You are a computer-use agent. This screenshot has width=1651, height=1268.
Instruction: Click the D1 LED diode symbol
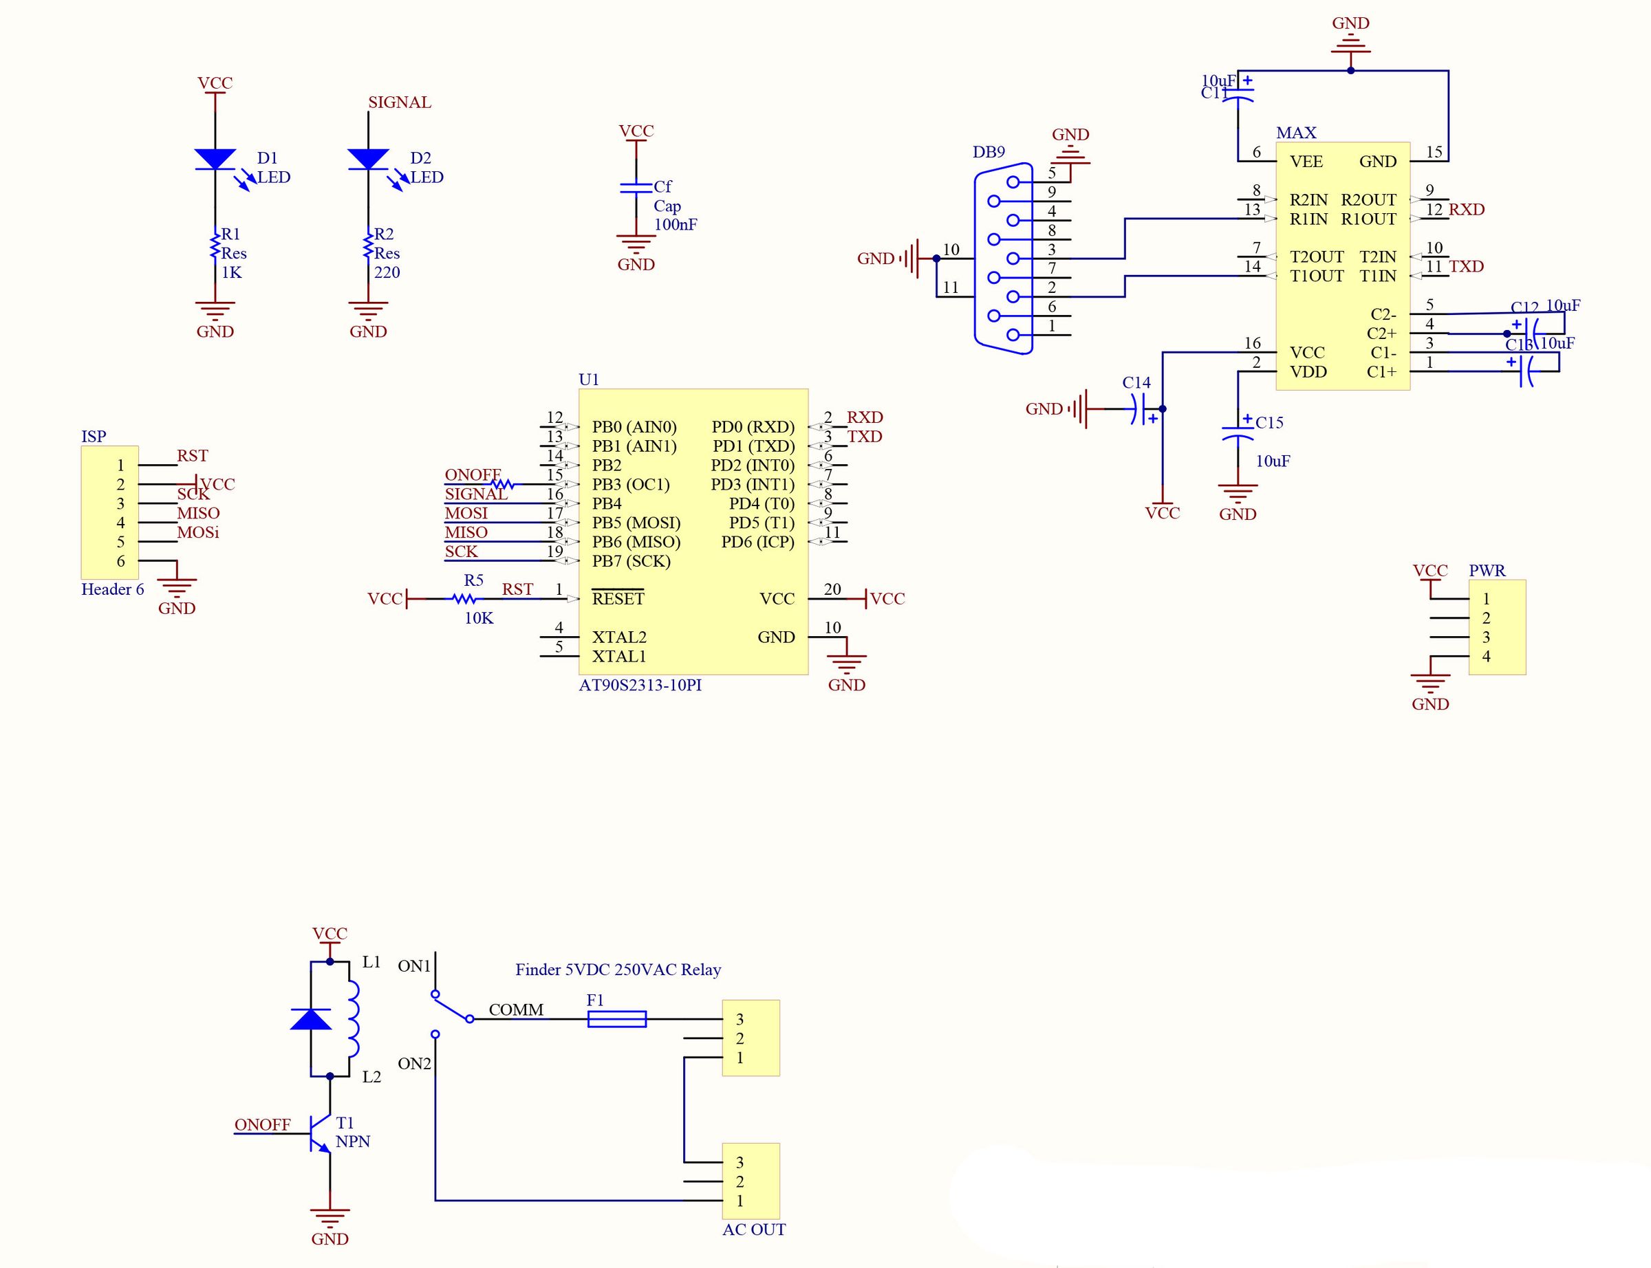[215, 160]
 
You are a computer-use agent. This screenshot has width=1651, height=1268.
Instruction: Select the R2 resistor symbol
[367, 244]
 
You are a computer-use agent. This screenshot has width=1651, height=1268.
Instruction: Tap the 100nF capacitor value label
[675, 224]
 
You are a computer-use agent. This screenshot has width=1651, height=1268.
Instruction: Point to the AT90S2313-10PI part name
[640, 686]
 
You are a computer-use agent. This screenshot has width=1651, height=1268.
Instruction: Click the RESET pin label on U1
[618, 598]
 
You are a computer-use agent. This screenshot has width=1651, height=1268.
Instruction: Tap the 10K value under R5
[479, 618]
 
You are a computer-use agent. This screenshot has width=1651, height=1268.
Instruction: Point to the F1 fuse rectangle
[617, 1019]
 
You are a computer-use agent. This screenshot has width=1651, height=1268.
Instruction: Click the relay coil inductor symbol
[352, 1018]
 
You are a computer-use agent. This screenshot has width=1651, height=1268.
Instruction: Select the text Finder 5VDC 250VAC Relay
[618, 969]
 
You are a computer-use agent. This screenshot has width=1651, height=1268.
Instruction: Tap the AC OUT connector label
[753, 1229]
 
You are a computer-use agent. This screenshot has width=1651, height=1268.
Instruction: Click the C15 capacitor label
[1269, 423]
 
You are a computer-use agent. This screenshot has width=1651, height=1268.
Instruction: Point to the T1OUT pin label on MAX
[1317, 276]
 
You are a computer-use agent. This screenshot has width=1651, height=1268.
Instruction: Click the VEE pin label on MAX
[1306, 162]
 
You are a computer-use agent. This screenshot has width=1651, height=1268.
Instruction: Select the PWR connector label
[1487, 571]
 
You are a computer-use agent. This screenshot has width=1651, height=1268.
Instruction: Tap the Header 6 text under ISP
[113, 589]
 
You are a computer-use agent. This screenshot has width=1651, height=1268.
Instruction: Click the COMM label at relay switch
[516, 1009]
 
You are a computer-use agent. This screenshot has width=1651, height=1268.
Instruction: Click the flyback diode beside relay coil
[311, 1019]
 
